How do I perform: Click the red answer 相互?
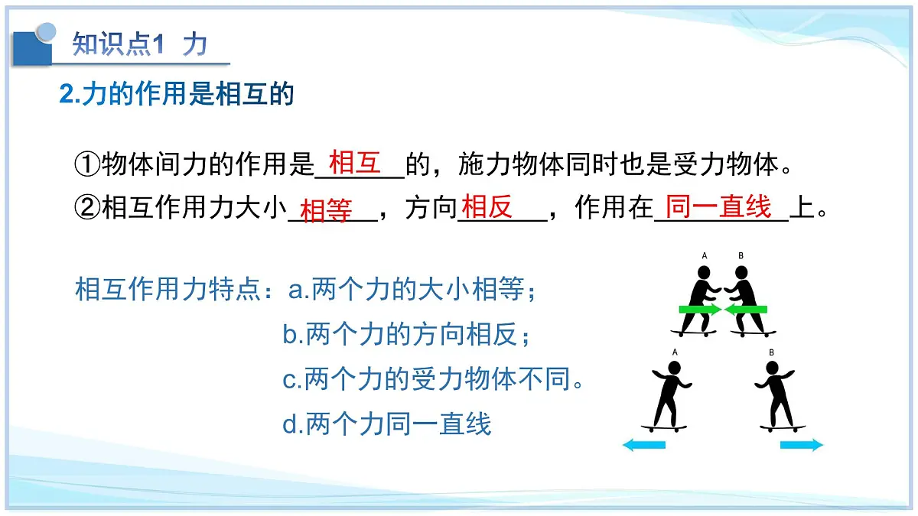pos(354,162)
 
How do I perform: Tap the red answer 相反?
pos(487,206)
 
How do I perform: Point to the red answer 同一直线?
pos(718,206)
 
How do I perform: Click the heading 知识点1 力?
pos(139,44)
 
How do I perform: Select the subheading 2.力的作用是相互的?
pos(177,95)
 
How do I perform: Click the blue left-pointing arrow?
pos(644,445)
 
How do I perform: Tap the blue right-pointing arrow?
pos(801,445)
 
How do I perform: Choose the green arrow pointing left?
pos(746,310)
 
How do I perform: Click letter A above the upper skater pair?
pos(705,256)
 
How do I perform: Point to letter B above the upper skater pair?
pos(741,256)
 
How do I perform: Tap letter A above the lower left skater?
pos(675,352)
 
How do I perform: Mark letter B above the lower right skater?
pos(771,352)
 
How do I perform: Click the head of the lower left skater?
pos(673,367)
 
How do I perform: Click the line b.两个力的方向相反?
pos(406,335)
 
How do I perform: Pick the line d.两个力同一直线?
pos(386,424)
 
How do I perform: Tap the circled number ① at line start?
pos(87,164)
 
